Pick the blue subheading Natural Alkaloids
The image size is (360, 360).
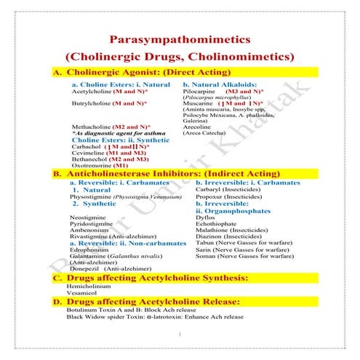226,84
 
